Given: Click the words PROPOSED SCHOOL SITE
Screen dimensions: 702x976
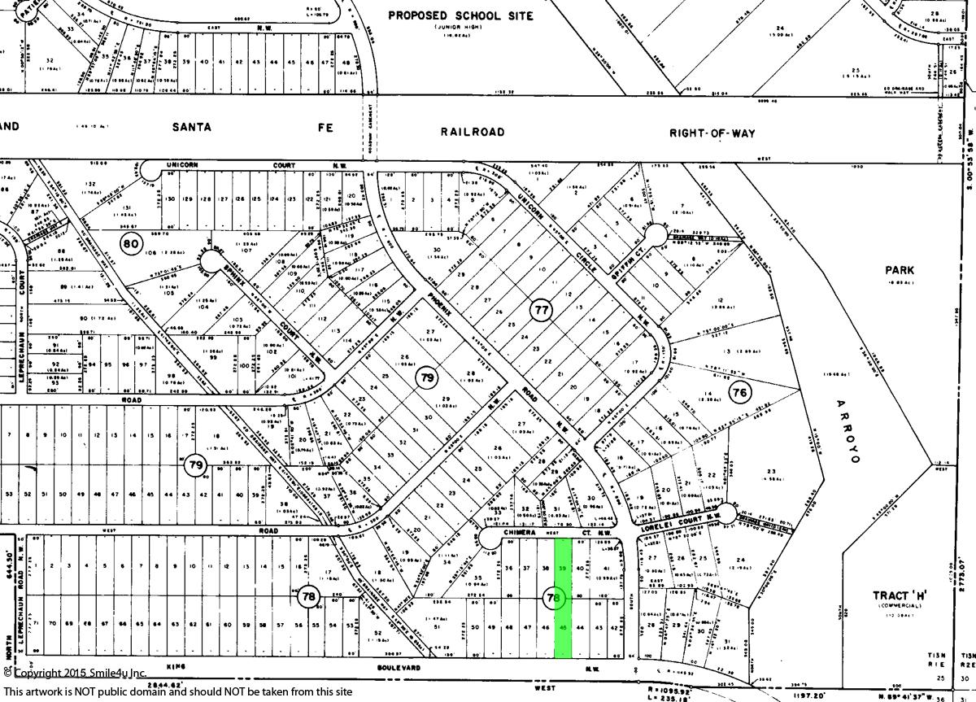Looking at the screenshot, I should click(x=460, y=15).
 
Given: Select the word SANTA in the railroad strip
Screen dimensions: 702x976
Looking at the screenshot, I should click(x=192, y=127).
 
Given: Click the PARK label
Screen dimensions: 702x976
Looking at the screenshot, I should click(x=900, y=270).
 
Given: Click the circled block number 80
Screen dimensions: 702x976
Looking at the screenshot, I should click(x=130, y=242).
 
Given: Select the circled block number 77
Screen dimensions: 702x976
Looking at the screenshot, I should click(x=541, y=310).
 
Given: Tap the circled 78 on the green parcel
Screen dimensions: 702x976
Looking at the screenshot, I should click(x=554, y=598).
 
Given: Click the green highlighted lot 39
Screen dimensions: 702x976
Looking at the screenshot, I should click(x=562, y=567).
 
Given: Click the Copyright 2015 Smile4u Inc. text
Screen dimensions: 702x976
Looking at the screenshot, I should click(x=75, y=674).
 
